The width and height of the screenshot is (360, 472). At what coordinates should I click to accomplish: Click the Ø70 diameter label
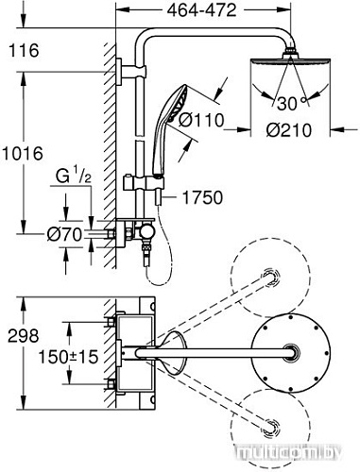coord(64,230)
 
